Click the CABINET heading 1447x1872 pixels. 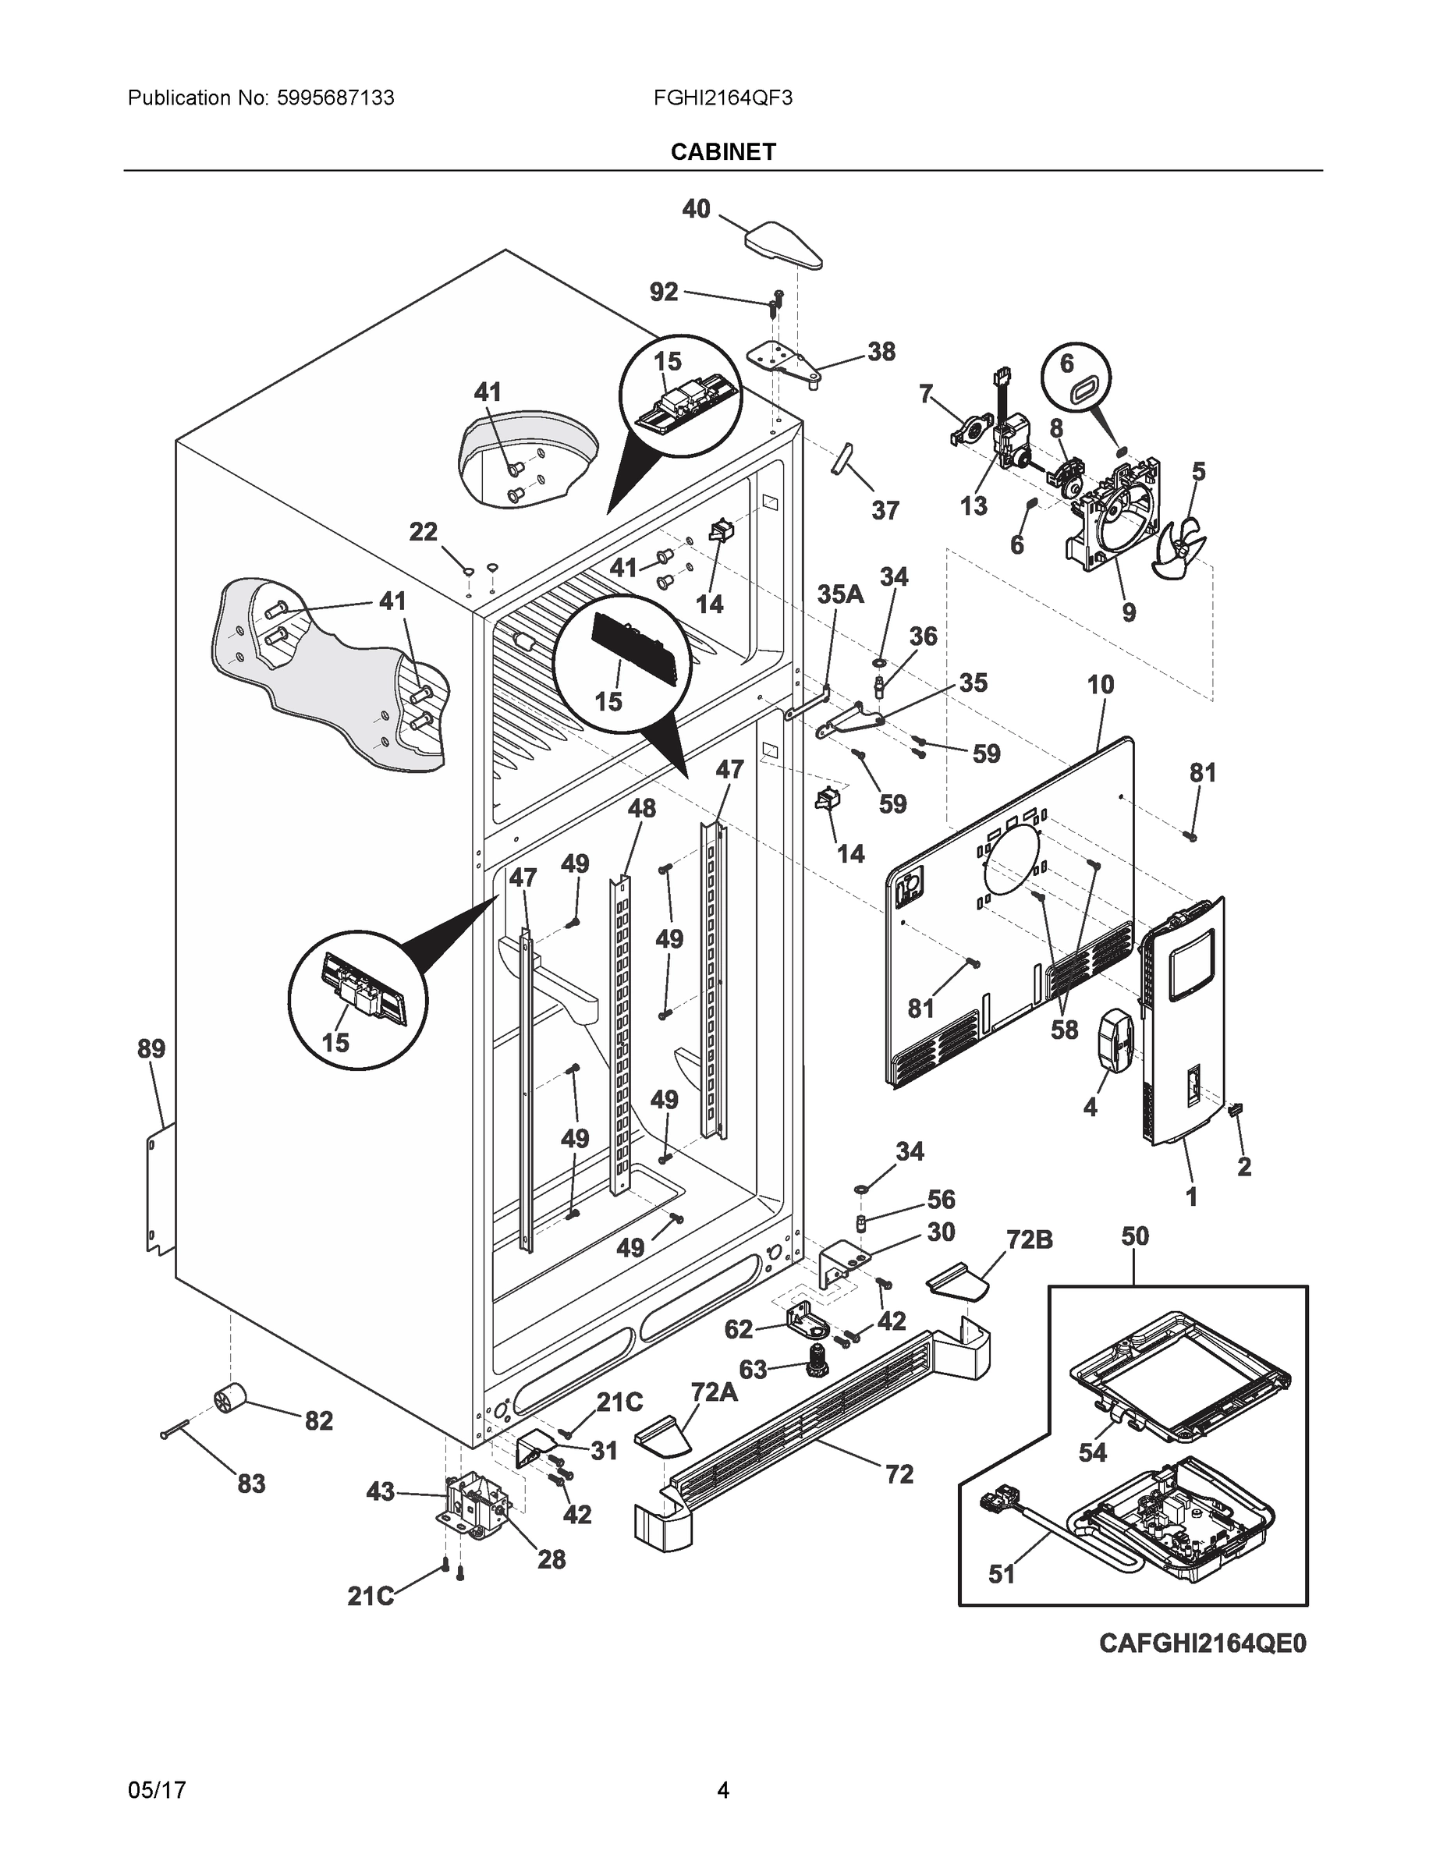pyautogui.click(x=722, y=152)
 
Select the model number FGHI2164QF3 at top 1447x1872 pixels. pyautogui.click(x=722, y=97)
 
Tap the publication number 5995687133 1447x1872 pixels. pyautogui.click(x=336, y=97)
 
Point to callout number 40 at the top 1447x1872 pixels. pyautogui.click(x=696, y=208)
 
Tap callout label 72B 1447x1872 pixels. pyautogui.click(x=1029, y=1239)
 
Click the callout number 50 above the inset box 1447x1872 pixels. pyautogui.click(x=1135, y=1236)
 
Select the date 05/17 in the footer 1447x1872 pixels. pyautogui.click(x=156, y=1790)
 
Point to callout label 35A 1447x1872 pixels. pyautogui.click(x=839, y=594)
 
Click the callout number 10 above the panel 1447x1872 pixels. pyautogui.click(x=1101, y=684)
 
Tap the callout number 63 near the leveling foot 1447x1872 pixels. pyautogui.click(x=753, y=1369)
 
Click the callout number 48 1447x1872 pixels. pyautogui.click(x=641, y=807)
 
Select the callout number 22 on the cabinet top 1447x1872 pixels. pyautogui.click(x=423, y=532)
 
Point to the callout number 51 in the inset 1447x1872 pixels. pyautogui.click(x=1002, y=1575)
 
